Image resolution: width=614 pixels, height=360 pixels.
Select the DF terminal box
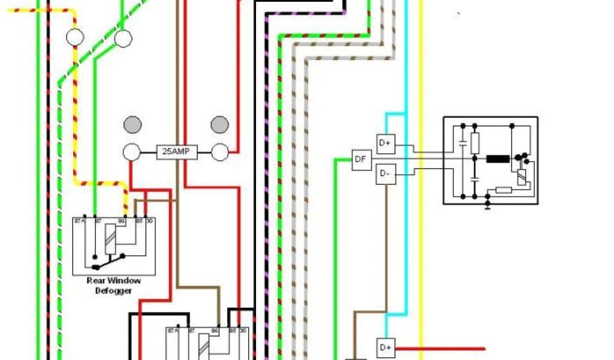pos(361,160)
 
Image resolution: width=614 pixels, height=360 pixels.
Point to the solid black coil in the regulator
pos(497,159)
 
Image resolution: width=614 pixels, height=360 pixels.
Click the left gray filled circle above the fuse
pos(133,125)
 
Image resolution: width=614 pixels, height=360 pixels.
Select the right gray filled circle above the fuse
pos(220,125)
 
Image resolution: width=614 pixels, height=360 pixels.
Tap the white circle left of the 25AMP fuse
pos(132,152)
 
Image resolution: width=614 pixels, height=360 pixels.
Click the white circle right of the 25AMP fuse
pos(220,152)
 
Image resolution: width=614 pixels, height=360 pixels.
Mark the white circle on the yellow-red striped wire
pos(75,38)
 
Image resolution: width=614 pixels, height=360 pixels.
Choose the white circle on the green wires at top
pos(123,39)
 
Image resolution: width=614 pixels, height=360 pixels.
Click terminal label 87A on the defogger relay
pos(78,221)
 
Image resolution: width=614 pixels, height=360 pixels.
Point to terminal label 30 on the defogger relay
pos(149,221)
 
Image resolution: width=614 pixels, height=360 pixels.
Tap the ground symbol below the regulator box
pos(487,206)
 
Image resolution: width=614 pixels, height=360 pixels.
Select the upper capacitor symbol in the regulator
pos(463,143)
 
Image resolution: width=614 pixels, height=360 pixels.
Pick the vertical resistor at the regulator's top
pos(475,143)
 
